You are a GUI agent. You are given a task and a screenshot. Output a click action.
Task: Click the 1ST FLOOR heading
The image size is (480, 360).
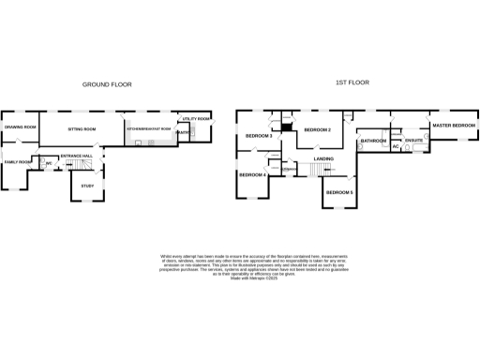point(352,82)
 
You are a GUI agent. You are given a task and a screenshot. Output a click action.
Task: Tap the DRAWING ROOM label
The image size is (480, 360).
point(20,127)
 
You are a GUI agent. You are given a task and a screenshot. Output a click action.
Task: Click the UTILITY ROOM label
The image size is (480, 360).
point(197,119)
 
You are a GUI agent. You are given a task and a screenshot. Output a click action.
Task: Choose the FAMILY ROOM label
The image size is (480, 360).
point(18,162)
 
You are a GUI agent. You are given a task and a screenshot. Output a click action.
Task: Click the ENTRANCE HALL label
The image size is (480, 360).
point(76,156)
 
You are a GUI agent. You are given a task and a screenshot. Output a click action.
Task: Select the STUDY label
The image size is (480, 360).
point(87,186)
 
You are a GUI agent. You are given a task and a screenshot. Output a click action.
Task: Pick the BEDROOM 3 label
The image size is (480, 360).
point(259,137)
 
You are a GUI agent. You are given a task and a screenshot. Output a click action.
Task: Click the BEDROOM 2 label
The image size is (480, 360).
point(318,129)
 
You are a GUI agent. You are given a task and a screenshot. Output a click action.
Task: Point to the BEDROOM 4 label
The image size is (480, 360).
point(252,175)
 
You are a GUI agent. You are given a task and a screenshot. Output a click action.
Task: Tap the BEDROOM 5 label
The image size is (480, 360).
point(339,192)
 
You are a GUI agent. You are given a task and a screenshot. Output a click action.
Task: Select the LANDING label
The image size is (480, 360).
point(324,159)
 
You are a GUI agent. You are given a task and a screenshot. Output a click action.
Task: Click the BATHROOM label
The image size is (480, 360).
point(373,141)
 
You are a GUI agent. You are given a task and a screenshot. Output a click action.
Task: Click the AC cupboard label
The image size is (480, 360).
point(396,147)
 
